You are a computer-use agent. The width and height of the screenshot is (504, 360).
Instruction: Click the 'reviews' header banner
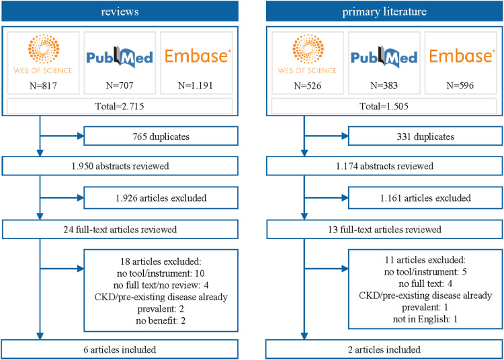[x=120, y=11]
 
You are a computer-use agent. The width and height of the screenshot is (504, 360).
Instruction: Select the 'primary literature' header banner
[x=384, y=11]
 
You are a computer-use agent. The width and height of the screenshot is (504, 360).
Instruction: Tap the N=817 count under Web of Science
[x=43, y=86]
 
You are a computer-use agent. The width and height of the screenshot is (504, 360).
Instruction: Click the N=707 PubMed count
[x=120, y=85]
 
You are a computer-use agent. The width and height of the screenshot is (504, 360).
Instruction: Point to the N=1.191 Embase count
[x=196, y=85]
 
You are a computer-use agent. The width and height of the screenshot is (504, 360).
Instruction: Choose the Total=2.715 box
[x=120, y=106]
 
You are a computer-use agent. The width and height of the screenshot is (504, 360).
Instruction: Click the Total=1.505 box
[x=384, y=106]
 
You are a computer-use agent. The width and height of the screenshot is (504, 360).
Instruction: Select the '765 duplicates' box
[x=161, y=136]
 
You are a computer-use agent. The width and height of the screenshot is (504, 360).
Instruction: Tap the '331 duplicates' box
[x=425, y=136]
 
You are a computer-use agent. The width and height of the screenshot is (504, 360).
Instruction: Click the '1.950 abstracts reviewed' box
[x=120, y=166]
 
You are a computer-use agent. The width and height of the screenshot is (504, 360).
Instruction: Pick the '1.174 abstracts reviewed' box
[x=384, y=166]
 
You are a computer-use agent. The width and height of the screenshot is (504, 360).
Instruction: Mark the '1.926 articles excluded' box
[x=161, y=198]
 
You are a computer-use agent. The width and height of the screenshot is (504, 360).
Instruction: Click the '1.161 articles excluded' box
[x=425, y=198]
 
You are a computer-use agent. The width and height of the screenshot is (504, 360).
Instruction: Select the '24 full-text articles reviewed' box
[x=120, y=229]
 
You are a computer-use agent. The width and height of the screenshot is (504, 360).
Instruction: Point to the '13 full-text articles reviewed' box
[x=384, y=229]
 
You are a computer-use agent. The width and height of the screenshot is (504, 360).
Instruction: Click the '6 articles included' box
[x=120, y=349]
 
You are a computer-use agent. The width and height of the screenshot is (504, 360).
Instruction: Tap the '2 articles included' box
[x=384, y=349]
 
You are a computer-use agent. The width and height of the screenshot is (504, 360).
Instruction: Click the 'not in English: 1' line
[x=425, y=319]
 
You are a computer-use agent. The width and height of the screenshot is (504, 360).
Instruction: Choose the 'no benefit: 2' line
[x=161, y=320]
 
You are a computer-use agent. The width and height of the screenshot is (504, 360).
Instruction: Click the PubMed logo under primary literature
[x=384, y=57]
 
